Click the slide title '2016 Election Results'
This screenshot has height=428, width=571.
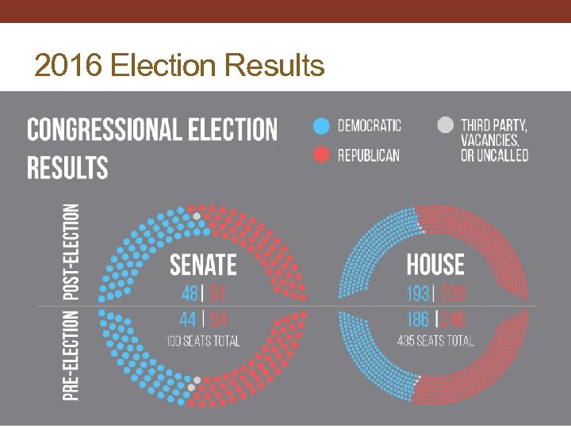point(179,65)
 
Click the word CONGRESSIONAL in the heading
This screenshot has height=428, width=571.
point(100,130)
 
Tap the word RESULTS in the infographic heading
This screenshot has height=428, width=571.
point(67,167)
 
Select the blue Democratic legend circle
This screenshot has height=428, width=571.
point(320,125)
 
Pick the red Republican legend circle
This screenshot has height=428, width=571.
point(320,154)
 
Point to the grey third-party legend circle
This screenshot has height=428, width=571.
point(445,125)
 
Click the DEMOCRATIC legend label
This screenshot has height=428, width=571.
point(370,125)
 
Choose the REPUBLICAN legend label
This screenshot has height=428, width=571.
point(369,155)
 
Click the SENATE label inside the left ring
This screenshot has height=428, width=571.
point(203,264)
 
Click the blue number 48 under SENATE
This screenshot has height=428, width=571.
point(190,293)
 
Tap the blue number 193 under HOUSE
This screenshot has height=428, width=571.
point(417,294)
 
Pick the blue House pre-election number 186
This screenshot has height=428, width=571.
point(417,319)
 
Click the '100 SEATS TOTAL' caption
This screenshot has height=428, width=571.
point(203,342)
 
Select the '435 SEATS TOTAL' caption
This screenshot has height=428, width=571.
point(435,342)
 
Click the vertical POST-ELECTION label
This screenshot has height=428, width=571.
point(71,252)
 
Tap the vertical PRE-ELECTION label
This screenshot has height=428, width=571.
point(71,354)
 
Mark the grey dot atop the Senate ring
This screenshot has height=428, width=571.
point(197,216)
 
